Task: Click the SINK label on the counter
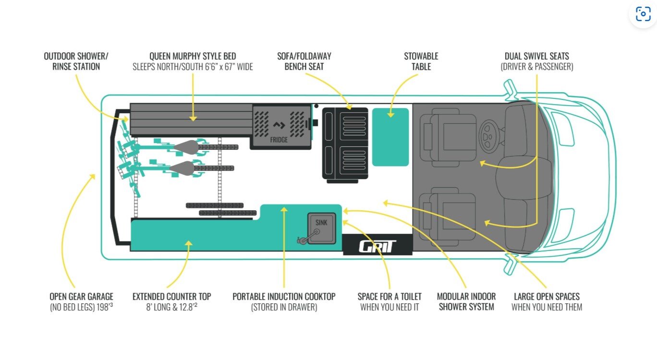click(x=321, y=222)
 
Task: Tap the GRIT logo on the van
click(x=377, y=246)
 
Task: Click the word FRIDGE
click(x=279, y=140)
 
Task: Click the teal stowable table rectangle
click(x=390, y=137)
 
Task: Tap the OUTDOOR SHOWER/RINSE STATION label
click(x=76, y=61)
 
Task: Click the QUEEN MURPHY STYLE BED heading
click(x=193, y=56)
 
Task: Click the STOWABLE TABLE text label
click(x=421, y=61)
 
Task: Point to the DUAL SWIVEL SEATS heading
click(x=536, y=56)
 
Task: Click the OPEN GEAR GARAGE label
click(x=81, y=297)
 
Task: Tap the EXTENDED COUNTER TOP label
click(x=171, y=297)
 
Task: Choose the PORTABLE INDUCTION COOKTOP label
click(x=284, y=297)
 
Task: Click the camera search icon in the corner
click(x=643, y=14)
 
